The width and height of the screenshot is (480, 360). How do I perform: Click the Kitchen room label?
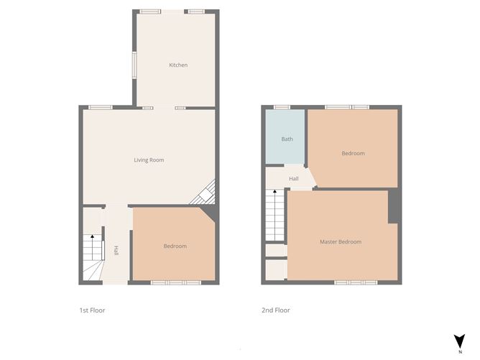click(x=178, y=65)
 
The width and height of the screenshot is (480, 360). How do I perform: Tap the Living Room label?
click(x=149, y=160)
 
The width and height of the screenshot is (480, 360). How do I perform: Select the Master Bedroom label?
click(x=340, y=242)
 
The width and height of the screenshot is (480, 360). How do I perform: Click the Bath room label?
click(x=287, y=139)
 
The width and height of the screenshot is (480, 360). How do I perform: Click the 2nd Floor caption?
click(x=275, y=310)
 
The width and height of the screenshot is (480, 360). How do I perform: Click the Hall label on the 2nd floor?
click(x=293, y=179)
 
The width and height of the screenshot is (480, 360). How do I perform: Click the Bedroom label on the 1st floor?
click(x=175, y=246)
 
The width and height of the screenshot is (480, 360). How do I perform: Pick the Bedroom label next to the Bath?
click(x=353, y=153)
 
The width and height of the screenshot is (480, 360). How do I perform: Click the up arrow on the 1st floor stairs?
click(x=92, y=238)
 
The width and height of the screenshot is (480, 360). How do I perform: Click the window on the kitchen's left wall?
click(x=134, y=65)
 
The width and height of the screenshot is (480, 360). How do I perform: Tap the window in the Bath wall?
click(x=277, y=107)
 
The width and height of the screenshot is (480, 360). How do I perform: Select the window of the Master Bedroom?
click(x=356, y=282)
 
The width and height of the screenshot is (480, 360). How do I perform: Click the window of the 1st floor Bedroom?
click(x=175, y=282)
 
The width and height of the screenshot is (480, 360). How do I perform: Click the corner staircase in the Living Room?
click(x=205, y=193)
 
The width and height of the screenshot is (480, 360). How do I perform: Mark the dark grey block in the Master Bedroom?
click(x=393, y=207)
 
